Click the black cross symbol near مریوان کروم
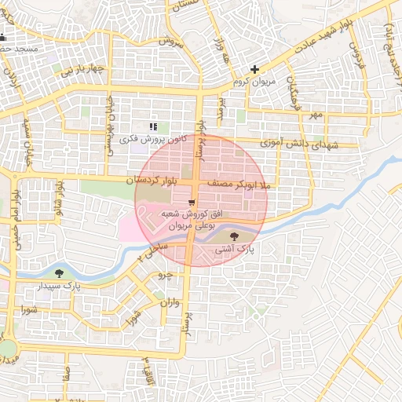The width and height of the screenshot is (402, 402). [x=254, y=69]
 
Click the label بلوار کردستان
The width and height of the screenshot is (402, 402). [x=152, y=181]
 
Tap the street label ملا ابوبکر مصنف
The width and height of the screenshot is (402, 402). [x=238, y=182]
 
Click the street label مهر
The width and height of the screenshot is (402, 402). [x=316, y=115]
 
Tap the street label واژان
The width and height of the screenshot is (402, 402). [x=172, y=303]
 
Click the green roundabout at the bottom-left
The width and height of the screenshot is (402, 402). [x=6, y=349]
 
